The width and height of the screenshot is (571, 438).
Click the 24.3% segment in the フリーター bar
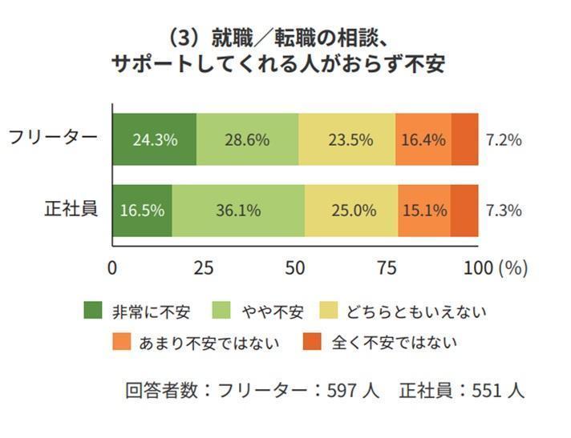point(154,139)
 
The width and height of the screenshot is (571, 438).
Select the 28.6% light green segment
point(247,139)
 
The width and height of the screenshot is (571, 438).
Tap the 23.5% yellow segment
point(348,139)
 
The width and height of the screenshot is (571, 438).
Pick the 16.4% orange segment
point(423,139)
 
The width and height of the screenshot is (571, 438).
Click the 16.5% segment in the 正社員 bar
point(142,211)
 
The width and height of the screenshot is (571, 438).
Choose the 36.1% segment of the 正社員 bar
point(238,211)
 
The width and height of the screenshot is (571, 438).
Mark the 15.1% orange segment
point(424,211)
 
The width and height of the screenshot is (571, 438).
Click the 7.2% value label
point(504,139)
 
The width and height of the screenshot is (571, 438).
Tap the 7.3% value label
point(504,211)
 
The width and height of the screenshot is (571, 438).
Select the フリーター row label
point(53,137)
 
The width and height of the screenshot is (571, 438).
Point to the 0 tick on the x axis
point(112,268)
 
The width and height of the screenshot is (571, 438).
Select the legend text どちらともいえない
point(415,311)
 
